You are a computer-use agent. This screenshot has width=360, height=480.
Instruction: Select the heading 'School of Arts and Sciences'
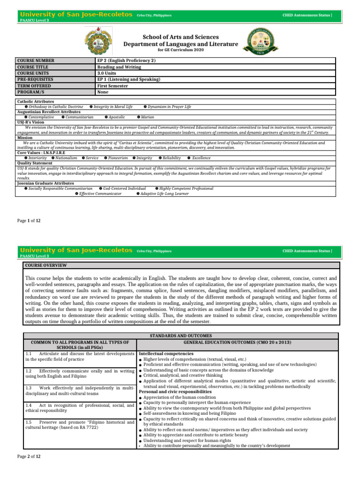[180, 37]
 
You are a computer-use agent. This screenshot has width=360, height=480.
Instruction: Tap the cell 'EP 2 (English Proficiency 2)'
[126, 60]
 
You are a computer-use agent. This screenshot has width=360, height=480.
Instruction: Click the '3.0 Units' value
[108, 73]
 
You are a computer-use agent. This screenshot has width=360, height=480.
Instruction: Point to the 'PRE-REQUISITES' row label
[35, 80]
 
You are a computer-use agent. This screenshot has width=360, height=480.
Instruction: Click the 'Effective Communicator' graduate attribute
[100, 193]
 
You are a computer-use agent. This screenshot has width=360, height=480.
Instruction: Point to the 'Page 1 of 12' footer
[29, 220]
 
